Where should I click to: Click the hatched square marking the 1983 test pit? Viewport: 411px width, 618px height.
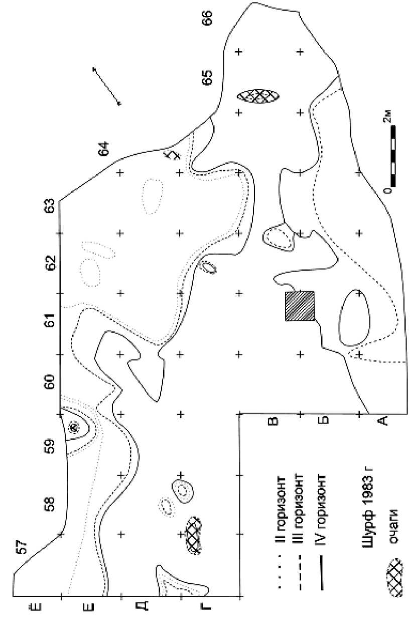(300, 306)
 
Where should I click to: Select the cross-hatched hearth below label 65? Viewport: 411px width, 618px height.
(258, 95)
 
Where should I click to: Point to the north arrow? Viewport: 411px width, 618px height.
(106, 86)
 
